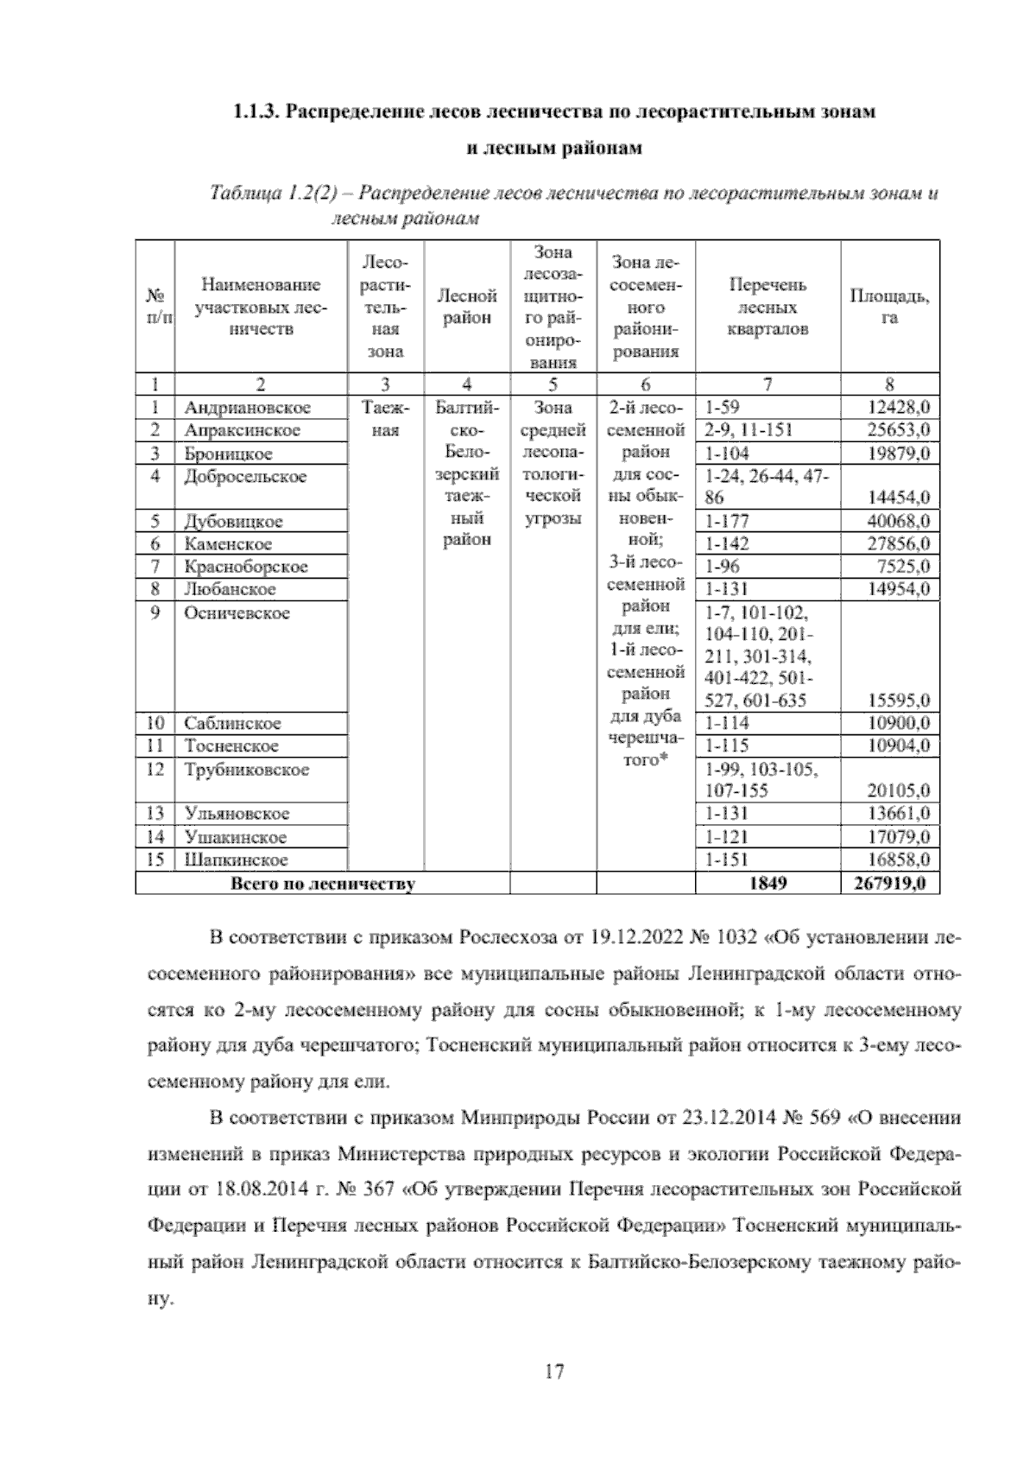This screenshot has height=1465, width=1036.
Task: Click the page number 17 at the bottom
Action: [x=554, y=1371]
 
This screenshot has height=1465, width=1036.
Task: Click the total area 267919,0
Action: [x=889, y=884]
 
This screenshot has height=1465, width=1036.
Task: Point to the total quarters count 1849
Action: [x=768, y=884]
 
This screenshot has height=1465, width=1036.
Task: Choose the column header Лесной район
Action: [x=467, y=307]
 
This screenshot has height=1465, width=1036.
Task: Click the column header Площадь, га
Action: [x=889, y=307]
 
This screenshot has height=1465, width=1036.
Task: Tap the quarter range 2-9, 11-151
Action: [x=749, y=430]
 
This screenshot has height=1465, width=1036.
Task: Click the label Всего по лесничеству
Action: [x=322, y=884]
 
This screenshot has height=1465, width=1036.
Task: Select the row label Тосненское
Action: [x=231, y=746]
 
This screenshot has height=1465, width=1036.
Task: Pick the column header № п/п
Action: [x=155, y=307]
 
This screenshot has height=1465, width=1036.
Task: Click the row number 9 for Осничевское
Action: [x=155, y=612]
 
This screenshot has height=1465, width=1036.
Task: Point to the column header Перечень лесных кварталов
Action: [x=768, y=307]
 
